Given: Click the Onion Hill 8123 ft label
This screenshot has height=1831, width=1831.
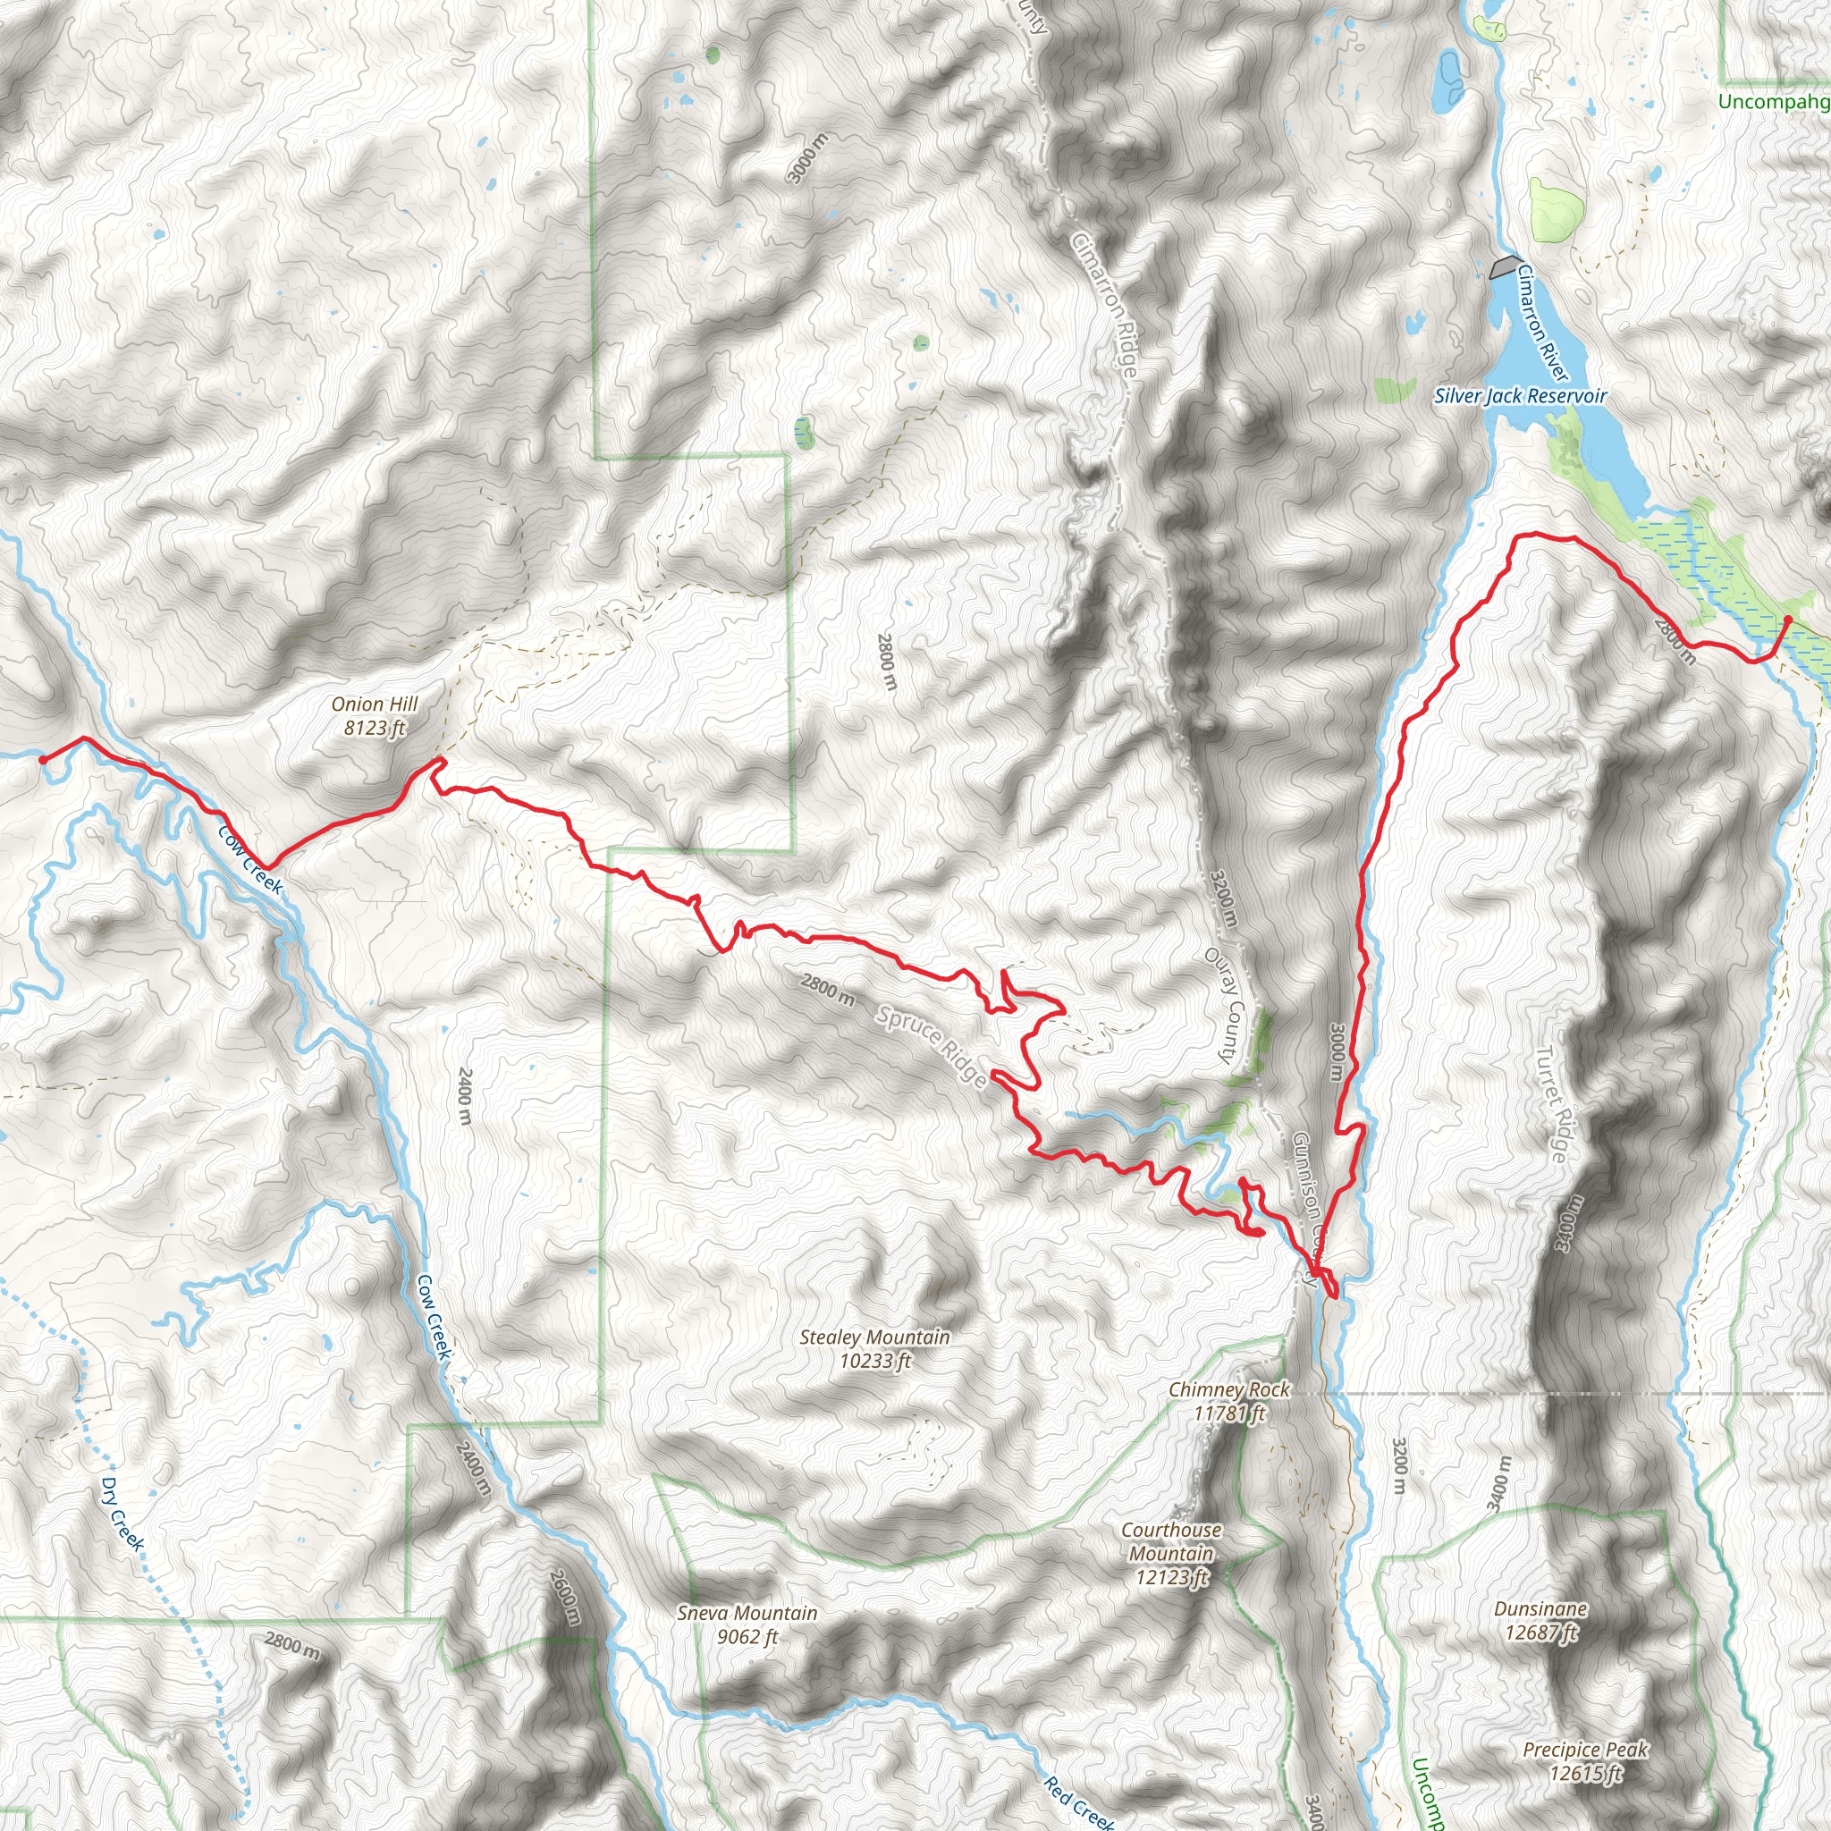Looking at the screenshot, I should pos(375,715).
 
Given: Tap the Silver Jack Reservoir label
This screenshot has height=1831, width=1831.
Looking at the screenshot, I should pos(1520,396).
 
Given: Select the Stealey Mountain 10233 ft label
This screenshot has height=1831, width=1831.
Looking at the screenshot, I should pos(873,1348).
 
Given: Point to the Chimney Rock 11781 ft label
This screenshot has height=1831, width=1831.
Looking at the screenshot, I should pos(1229,1401).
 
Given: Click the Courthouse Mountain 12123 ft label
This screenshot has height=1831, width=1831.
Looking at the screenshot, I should pos(1171,1553).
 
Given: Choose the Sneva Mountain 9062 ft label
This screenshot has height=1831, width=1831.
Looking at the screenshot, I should pos(747,1624).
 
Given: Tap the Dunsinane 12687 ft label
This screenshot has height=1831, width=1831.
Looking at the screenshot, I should pos(1540,1620).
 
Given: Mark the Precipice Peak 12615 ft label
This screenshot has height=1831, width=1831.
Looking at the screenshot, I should pos(1585,1761).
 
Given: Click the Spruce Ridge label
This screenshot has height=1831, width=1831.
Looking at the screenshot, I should pos(932,1045).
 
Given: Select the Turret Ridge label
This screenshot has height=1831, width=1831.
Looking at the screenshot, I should pos(1551,1104).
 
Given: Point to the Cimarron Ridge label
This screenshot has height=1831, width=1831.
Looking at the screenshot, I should pos(1103,303).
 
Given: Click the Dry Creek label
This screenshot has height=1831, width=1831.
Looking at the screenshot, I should pos(123,1514).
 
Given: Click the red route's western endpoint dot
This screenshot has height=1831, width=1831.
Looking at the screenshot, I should pos(43,759).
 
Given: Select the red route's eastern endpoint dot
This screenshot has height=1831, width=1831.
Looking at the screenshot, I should pos(1787,620).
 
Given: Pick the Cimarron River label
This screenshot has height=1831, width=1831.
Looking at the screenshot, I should pos(1542,323).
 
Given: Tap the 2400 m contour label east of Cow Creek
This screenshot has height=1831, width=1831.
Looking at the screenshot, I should pos(464,1095).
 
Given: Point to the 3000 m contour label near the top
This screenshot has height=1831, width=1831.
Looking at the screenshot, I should pos(806,157).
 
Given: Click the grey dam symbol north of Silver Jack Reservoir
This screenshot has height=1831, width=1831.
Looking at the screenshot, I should pos(1504,267).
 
